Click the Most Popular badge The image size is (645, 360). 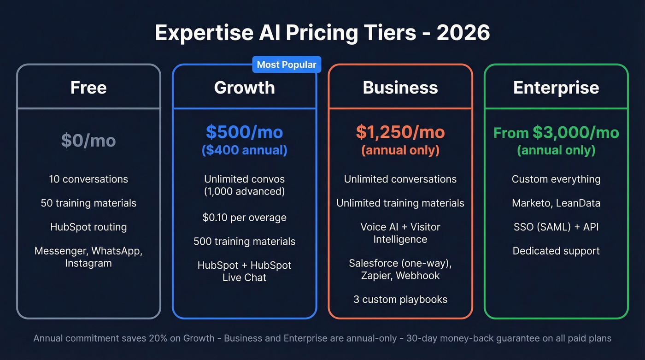286,65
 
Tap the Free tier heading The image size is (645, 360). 88,88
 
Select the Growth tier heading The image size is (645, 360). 244,88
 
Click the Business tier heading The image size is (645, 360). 400,88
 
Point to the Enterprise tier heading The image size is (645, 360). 556,88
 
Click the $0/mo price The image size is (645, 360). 88,141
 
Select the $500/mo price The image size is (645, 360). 244,132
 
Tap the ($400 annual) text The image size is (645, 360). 244,150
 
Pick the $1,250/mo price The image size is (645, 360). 400,132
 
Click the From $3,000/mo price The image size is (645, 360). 556,133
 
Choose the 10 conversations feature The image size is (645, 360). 88,179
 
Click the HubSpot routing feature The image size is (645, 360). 88,227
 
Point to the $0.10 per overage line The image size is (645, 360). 244,217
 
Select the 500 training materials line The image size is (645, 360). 244,241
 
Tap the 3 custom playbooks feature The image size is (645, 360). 400,299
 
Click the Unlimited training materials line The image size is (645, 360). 400,203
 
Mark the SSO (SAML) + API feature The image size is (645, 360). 556,227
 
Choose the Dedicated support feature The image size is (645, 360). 556,251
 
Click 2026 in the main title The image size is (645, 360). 463,33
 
